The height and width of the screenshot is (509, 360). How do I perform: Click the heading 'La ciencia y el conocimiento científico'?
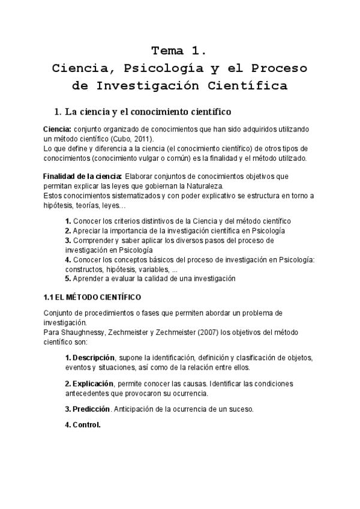click(x=143, y=112)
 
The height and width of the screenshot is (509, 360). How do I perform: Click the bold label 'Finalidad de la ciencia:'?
click(x=82, y=176)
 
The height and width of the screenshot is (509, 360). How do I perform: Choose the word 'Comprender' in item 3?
click(x=95, y=240)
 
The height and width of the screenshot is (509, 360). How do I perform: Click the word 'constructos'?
click(x=86, y=269)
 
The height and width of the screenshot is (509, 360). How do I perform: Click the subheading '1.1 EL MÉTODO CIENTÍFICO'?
click(x=92, y=298)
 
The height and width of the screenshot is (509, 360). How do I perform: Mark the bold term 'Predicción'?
click(x=91, y=409)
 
